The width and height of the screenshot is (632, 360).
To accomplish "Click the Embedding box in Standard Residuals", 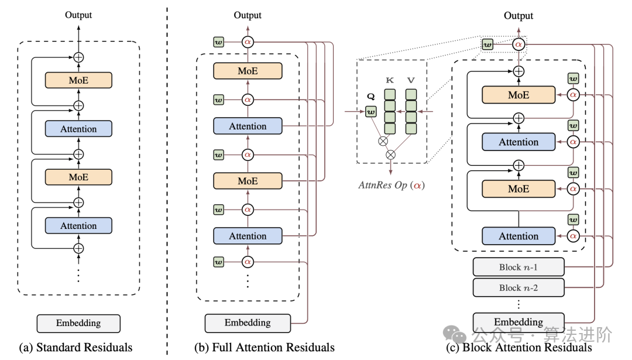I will point(78,323).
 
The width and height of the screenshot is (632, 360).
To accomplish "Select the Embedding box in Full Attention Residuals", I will point(248,323).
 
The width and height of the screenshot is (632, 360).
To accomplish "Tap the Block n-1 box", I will point(518,267).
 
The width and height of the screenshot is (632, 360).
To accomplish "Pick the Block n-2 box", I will point(518,287).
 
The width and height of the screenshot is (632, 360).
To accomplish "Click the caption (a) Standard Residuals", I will point(76,347).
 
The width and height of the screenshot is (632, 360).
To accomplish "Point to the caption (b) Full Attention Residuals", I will point(265,347).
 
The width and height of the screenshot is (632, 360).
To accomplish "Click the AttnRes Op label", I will point(390,185).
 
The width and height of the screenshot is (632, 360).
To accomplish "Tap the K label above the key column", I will point(390,80).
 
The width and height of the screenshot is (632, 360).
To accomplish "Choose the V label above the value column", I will point(411,80).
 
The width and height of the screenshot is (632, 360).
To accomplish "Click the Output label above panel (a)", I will point(78,15).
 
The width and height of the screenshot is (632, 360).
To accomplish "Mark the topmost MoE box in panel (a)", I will point(78,80).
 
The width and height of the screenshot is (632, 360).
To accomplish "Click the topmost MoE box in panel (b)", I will point(248,71).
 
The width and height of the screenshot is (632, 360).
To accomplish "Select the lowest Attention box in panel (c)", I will point(518,236).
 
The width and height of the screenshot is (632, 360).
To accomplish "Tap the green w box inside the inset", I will point(370,111).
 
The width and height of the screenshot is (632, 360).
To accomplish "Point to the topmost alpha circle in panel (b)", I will point(248,42).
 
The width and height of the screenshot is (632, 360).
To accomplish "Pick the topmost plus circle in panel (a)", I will point(78,57).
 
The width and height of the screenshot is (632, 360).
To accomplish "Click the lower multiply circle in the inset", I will point(391,155).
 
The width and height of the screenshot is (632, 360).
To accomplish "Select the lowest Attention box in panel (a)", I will point(78,225).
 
